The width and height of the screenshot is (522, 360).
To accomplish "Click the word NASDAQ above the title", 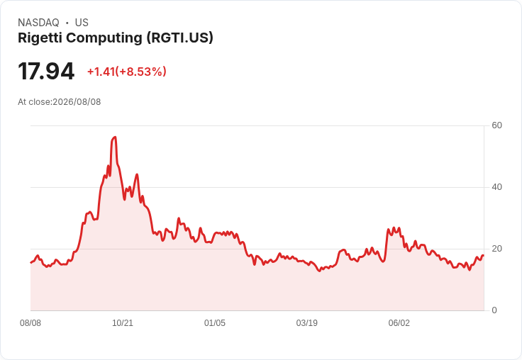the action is point(38,23).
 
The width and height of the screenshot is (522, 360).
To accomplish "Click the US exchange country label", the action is point(82,23).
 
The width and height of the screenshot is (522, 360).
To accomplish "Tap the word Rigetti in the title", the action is point(40,38).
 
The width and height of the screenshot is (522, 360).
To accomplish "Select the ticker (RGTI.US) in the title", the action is point(179,38).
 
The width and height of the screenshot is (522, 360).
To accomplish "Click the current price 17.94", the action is point(46,71).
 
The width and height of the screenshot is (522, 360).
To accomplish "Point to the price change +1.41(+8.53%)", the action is point(126,72).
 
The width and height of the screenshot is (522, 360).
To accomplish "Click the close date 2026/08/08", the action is point(77,102).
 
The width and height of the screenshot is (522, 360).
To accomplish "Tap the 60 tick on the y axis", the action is point(496,125).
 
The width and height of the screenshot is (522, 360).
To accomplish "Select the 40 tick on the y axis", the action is point(496,187).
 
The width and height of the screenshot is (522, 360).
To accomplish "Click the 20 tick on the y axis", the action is point(496,249).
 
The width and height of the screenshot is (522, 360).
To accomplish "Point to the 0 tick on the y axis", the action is point(494,310).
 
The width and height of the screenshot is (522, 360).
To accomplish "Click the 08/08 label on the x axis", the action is point(30,323).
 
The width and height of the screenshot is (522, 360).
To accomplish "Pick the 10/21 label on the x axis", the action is point(123,323).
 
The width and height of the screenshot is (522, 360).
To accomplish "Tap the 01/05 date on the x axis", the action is point(215,323).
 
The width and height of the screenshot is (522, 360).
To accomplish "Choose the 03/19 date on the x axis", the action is point(307,323).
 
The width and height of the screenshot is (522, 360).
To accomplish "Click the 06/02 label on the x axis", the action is point(399,323).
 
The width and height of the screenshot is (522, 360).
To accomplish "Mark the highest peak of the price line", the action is point(114,137).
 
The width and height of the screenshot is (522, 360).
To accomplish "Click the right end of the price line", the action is point(484,256).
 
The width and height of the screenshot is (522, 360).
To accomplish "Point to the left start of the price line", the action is point(31,262).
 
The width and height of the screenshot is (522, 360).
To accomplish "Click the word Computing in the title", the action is point(104,38).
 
